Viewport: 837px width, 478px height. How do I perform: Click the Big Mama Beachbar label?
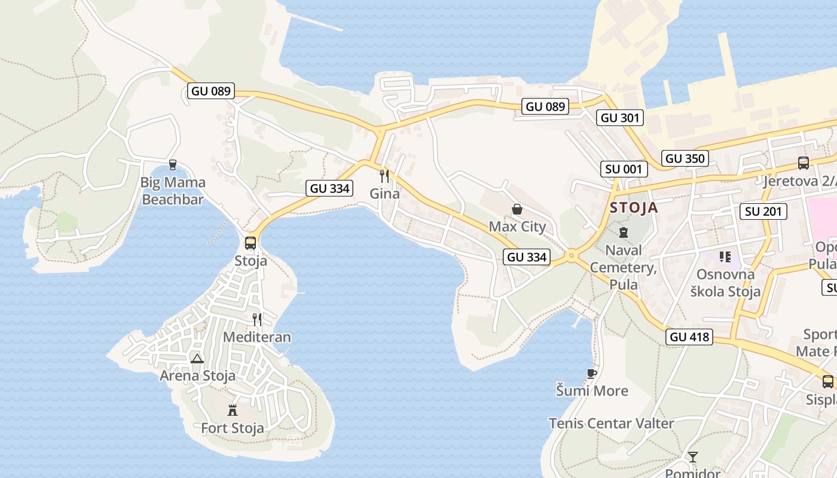point(173,191)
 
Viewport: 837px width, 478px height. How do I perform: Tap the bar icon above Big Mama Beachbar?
point(173,164)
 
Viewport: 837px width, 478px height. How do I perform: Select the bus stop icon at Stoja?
point(251,243)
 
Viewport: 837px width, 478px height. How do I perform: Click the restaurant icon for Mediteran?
point(257,319)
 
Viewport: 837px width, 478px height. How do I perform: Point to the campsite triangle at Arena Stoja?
point(197,358)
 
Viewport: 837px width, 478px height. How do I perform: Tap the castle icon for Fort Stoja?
point(233,410)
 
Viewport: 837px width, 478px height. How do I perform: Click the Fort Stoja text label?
point(233,428)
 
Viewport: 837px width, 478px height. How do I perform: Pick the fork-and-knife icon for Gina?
point(384,176)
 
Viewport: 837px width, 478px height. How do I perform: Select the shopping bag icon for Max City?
point(517,209)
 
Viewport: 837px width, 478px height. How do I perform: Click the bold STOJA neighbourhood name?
point(634,208)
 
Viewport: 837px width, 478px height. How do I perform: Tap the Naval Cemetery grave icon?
point(624,232)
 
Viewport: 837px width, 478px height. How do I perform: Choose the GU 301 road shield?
point(620,118)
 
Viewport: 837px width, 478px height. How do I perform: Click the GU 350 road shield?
point(685,158)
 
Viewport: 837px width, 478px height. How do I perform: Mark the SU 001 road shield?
point(624,169)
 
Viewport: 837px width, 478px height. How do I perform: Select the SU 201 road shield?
point(763,211)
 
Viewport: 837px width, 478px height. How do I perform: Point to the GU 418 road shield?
point(690,337)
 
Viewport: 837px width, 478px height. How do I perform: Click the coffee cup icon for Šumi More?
point(592,373)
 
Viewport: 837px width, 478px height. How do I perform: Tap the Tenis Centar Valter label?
point(612,424)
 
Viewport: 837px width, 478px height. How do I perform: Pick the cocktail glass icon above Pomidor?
point(693,457)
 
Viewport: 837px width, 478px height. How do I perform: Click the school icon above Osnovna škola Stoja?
point(725,257)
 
